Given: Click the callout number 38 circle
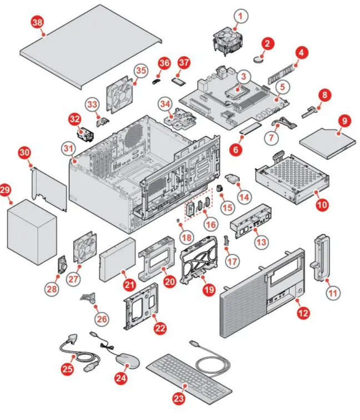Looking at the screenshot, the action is [38, 22].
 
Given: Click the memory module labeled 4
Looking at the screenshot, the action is [281, 74].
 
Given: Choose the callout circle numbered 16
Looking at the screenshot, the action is [211, 224].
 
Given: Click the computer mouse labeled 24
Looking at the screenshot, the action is [128, 361].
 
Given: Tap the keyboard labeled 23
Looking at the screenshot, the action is [189, 378].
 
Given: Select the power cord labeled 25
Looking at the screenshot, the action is [79, 352].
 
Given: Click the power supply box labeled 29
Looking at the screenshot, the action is [32, 232].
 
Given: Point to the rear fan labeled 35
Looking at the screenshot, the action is [120, 94].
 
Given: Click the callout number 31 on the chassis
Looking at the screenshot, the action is [68, 148].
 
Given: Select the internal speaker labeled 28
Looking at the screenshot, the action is [63, 264].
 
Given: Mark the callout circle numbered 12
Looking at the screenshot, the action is [303, 313].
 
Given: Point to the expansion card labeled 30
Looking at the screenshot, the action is [49, 189].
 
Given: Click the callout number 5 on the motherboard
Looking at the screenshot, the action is [282, 87].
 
